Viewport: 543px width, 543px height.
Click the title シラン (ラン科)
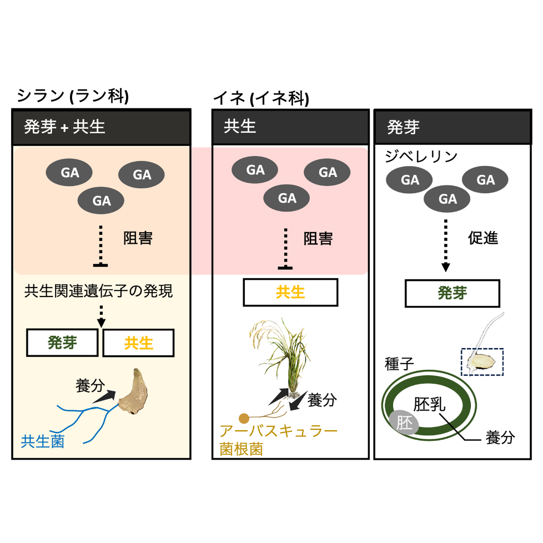coord(73,96)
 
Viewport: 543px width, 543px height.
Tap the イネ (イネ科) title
coord(261,99)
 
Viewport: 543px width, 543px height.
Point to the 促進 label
coord(483,238)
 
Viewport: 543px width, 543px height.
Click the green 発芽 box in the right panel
coord(452,293)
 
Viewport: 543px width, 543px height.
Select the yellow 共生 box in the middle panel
coord(290,292)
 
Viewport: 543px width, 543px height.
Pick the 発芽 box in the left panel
coord(63,343)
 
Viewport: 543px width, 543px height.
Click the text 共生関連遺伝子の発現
coord(98,291)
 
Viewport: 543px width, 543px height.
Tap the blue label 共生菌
coord(43,441)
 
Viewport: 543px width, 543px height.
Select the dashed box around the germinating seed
coord(482,361)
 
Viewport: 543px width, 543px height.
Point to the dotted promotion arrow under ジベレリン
coord(445,244)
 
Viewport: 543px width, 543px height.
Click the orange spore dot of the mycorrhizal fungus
coord(243,418)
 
